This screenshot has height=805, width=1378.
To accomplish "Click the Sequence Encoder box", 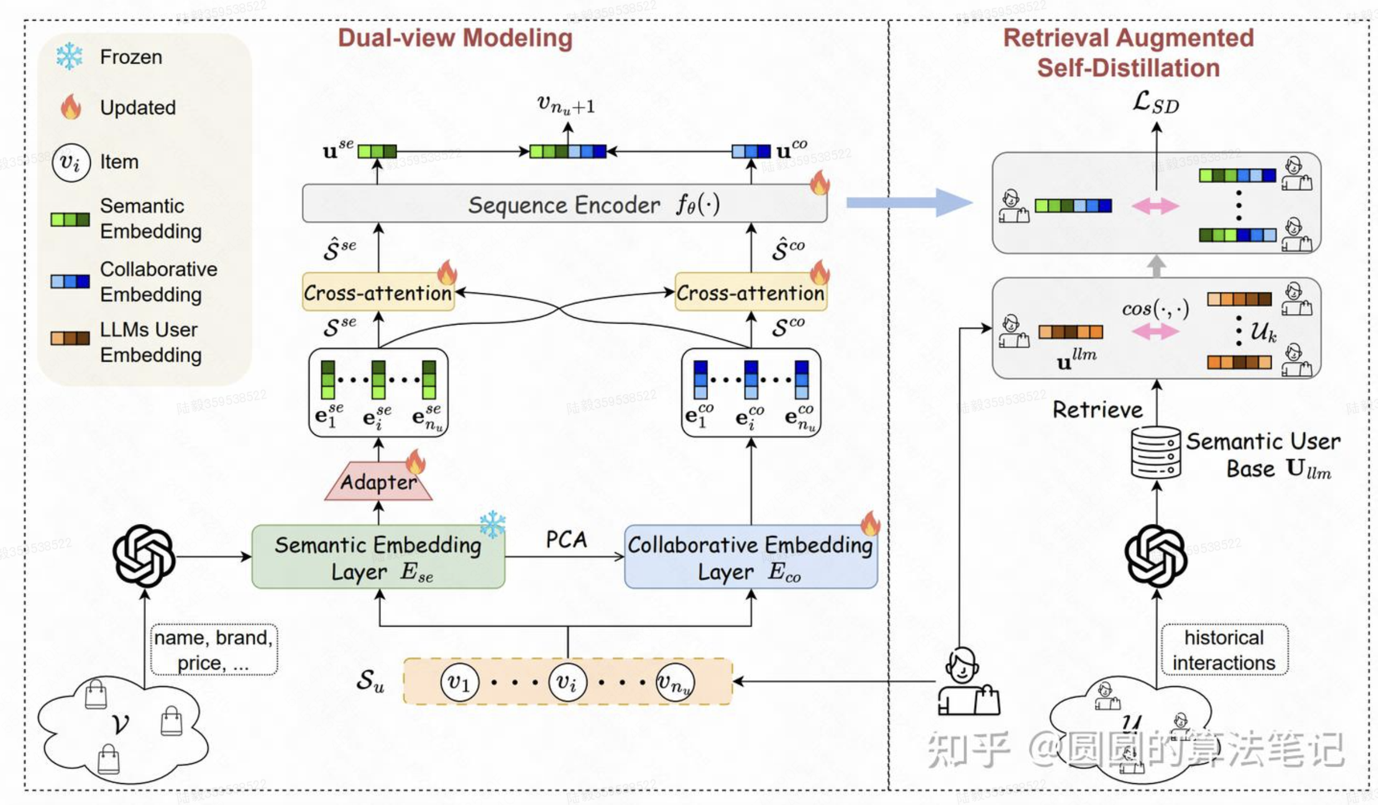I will (564, 204).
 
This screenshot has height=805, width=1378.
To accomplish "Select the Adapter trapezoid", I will (378, 482).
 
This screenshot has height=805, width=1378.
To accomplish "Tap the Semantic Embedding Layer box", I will (378, 557).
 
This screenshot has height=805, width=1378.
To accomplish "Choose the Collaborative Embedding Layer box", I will (750, 557).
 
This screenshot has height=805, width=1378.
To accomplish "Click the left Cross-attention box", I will (378, 292).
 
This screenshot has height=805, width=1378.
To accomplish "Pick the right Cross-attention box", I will (750, 292).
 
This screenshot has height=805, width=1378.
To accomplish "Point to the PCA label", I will (566, 539).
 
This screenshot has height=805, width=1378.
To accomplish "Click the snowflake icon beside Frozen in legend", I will (70, 56).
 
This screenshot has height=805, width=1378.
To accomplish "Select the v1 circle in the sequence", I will (459, 682).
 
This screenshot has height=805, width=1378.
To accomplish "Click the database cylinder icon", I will (1156, 453).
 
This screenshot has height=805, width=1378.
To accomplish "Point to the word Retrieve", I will (1097, 410).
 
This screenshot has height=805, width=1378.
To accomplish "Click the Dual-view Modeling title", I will (455, 38).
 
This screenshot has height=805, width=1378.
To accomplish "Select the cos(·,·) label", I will (1155, 308).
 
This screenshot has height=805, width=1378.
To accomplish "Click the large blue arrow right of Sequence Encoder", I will (908, 203).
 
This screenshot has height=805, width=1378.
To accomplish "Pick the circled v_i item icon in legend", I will (71, 163).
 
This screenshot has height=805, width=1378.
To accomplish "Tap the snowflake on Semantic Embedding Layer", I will (492, 524).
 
